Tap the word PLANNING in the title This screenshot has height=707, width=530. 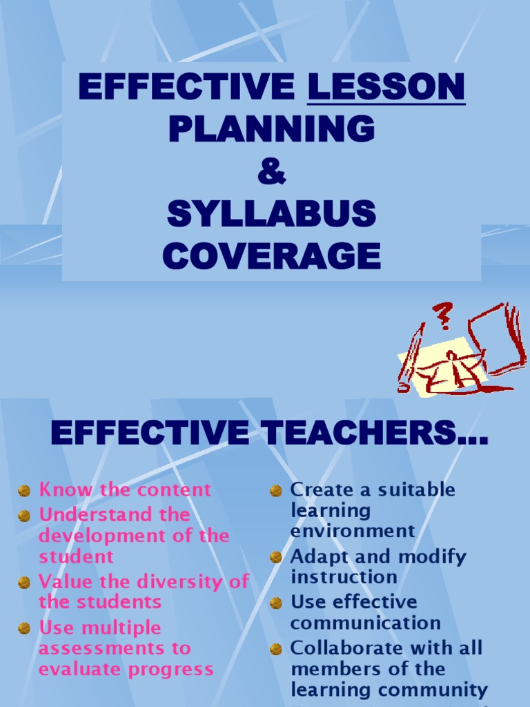point(271,129)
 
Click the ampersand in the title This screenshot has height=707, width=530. point(271,172)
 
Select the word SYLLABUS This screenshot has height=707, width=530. point(271,215)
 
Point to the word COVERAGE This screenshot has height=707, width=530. point(271,256)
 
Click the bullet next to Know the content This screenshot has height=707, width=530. point(24,491)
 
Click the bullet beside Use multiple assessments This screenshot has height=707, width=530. point(24,629)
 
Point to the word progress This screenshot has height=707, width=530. point(173,669)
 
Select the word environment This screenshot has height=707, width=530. point(353,531)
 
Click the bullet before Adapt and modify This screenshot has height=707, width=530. point(276,557)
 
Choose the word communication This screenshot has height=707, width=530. point(365,623)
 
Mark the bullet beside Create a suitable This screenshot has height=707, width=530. point(276,491)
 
